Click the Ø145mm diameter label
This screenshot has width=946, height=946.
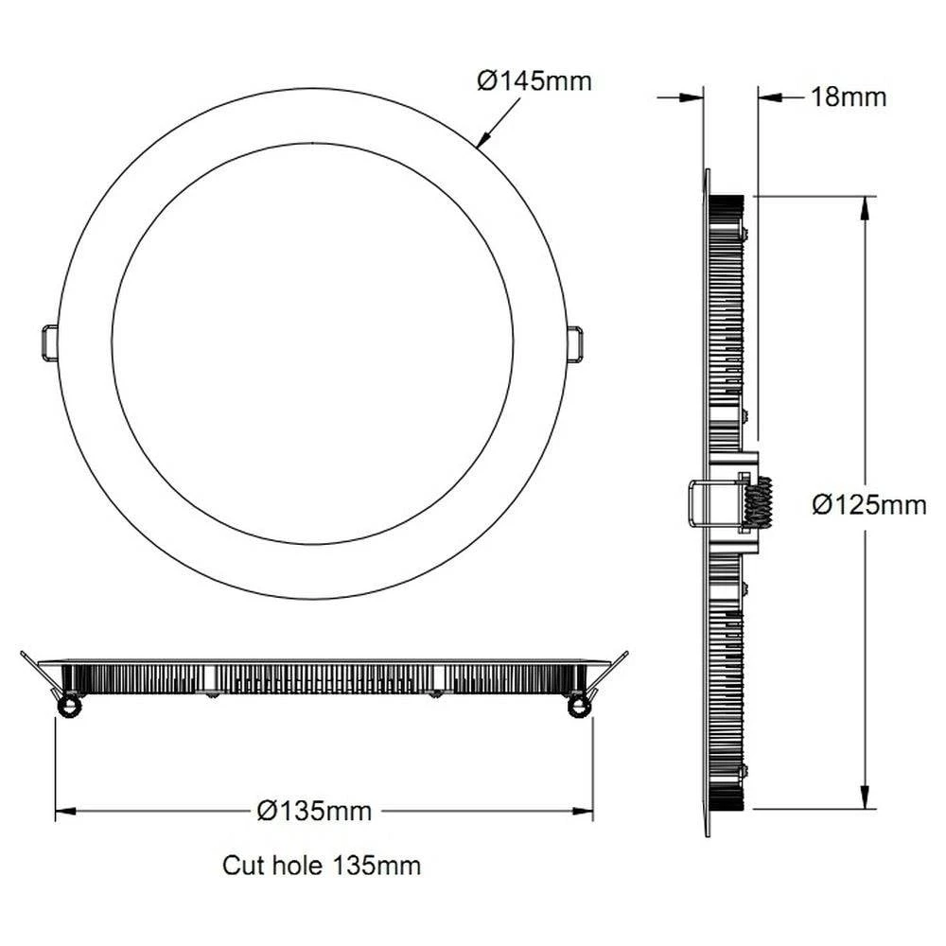click(534, 80)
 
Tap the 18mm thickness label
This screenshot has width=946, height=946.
click(849, 96)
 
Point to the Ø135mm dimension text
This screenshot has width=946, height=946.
click(314, 811)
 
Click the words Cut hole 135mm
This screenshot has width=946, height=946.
click(322, 865)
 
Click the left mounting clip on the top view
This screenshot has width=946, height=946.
click(49, 343)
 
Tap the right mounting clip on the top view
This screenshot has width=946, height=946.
click(574, 343)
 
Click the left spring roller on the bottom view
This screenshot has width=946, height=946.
click(67, 706)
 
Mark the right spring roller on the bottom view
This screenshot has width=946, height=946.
click(576, 706)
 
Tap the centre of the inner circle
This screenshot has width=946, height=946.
click(313, 343)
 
